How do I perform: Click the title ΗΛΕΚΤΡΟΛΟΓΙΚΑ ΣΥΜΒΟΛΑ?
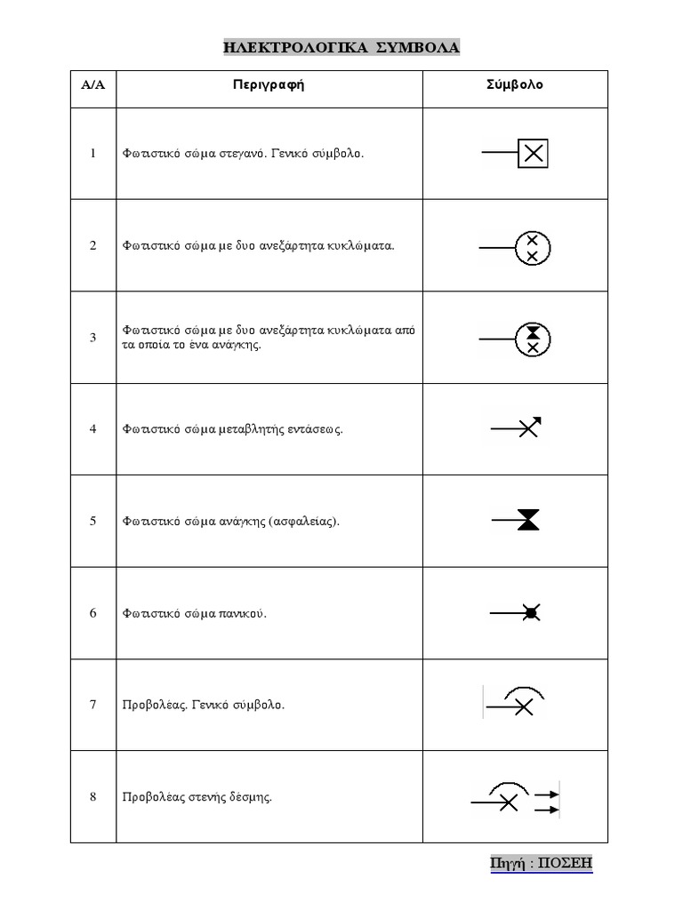[341, 48]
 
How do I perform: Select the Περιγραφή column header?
[269, 86]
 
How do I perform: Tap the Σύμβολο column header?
[514, 86]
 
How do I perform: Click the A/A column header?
[92, 86]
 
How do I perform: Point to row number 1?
[92, 153]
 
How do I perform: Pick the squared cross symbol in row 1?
[532, 153]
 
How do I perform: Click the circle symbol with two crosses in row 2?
[533, 247]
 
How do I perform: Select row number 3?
[92, 338]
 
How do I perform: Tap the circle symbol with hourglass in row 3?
[533, 339]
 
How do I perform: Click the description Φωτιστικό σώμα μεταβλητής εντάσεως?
[233, 429]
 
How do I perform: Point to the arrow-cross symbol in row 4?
[529, 428]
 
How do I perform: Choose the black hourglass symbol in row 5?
[528, 521]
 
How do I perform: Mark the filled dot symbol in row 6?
[531, 612]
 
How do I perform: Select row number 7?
[92, 705]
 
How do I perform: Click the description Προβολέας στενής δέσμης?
[197, 796]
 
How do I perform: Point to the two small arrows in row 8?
[545, 802]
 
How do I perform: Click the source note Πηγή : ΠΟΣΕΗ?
[541, 863]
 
